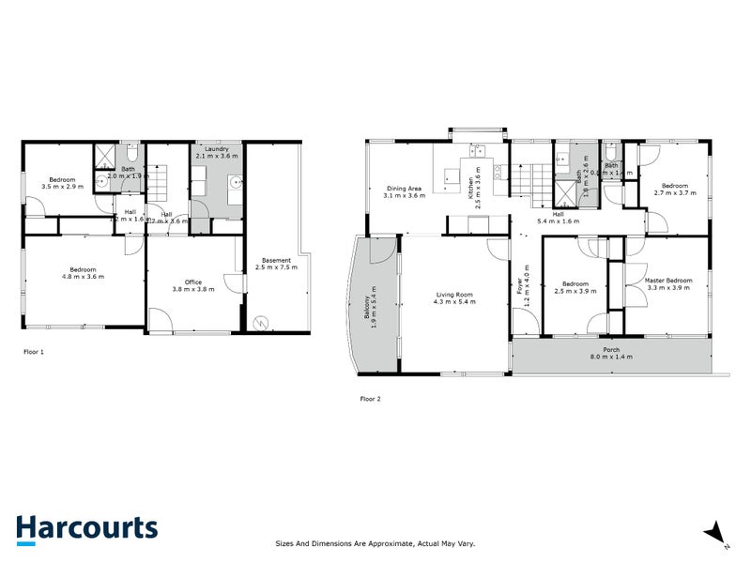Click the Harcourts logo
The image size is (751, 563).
click(x=86, y=527)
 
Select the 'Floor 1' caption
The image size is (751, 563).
click(x=34, y=352)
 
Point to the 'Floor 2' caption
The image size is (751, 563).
click(x=371, y=399)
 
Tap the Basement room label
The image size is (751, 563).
click(x=276, y=260)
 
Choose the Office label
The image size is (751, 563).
click(x=193, y=281)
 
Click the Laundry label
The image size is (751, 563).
click(x=216, y=147)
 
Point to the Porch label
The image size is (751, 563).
click(x=611, y=349)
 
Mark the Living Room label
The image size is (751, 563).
click(x=453, y=295)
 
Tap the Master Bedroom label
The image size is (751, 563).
click(x=668, y=280)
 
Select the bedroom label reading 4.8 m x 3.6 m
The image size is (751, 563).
click(x=83, y=277)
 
